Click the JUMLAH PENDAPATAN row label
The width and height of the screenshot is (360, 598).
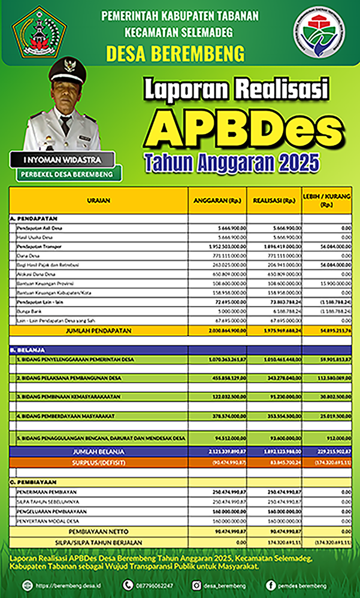(98, 330)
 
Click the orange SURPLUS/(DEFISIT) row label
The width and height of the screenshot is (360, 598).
(98, 462)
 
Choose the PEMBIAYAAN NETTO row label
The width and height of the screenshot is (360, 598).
(98, 531)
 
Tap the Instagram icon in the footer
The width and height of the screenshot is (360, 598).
(196, 584)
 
